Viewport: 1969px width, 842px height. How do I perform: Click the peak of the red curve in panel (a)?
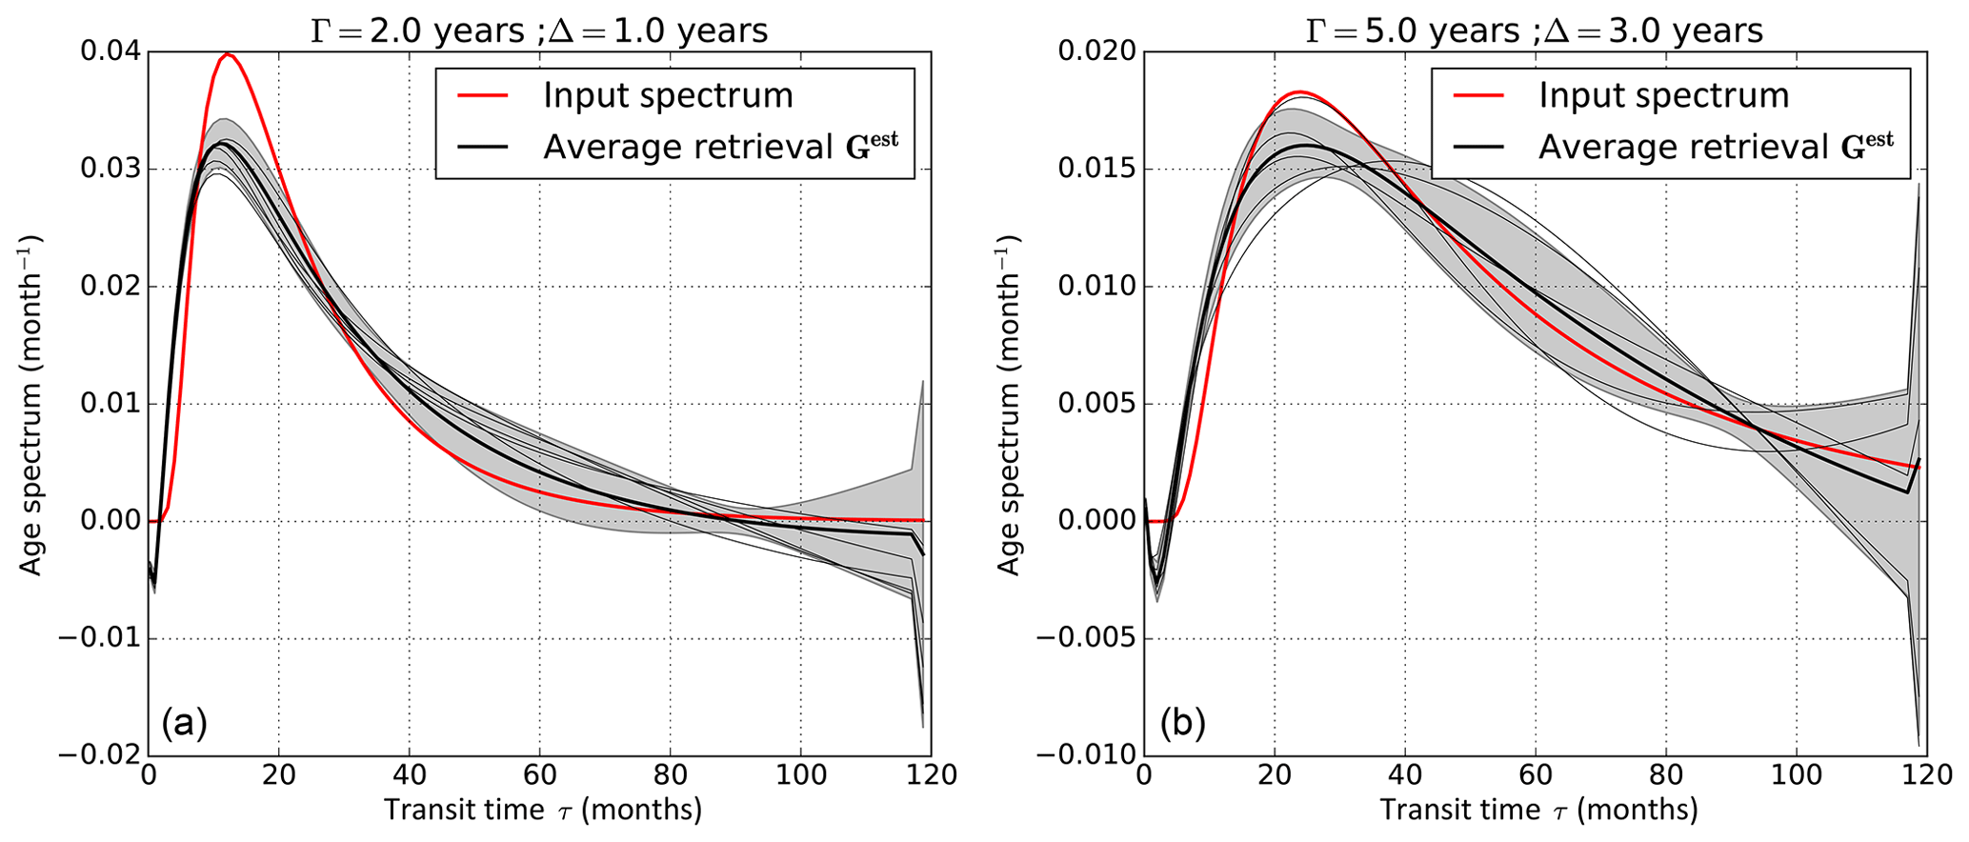pyautogui.click(x=228, y=55)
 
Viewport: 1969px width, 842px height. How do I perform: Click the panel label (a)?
pyautogui.click(x=184, y=724)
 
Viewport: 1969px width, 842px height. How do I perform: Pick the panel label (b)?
pyautogui.click(x=1182, y=724)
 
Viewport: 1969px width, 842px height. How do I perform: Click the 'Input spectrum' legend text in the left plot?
pyautogui.click(x=668, y=95)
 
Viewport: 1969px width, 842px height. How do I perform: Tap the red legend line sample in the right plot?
pyautogui.click(x=1478, y=95)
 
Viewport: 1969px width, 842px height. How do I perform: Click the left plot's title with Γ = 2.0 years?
pyautogui.click(x=539, y=30)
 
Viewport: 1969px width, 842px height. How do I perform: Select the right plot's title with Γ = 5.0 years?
pyautogui.click(x=1534, y=30)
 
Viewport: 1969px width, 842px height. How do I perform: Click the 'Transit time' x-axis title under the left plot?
pyautogui.click(x=543, y=810)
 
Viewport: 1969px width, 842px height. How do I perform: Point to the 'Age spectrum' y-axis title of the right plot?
pyautogui.click(x=1009, y=405)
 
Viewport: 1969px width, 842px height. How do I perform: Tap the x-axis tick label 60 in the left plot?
pyautogui.click(x=539, y=776)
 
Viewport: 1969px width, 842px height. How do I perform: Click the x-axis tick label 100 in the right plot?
pyautogui.click(x=1797, y=776)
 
